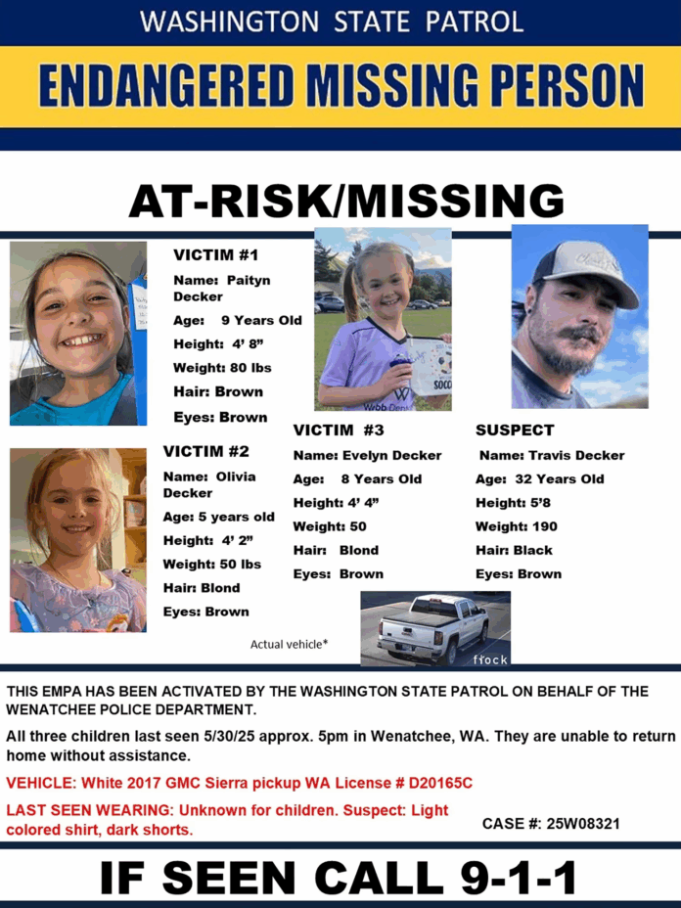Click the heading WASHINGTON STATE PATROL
[332, 22]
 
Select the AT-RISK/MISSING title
[346, 202]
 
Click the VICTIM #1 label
[215, 255]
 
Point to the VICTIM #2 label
[205, 451]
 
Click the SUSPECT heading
[515, 430]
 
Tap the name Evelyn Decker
[391, 455]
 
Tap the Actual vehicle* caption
[289, 644]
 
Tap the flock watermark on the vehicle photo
[491, 659]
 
